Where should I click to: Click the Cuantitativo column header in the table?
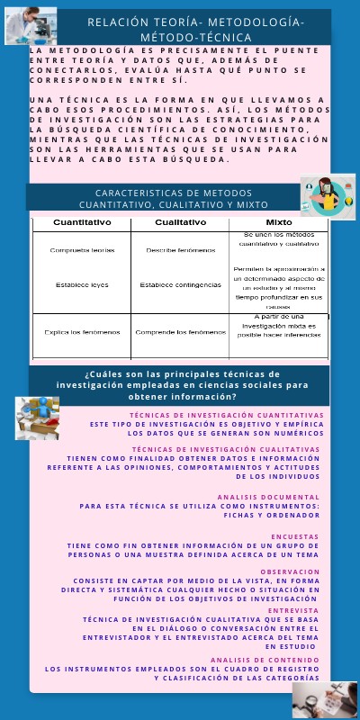coord(82,221)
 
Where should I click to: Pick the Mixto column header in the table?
coord(279,221)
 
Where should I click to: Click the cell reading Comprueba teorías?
coord(82,250)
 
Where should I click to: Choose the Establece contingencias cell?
coord(180,284)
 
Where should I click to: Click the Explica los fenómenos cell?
coord(82,332)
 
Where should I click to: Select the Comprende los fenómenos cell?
coord(180,332)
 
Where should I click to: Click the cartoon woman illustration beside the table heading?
coord(325,195)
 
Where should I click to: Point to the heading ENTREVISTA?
coord(295,610)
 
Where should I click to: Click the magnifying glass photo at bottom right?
coord(325,698)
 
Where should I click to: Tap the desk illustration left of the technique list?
coord(38,418)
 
